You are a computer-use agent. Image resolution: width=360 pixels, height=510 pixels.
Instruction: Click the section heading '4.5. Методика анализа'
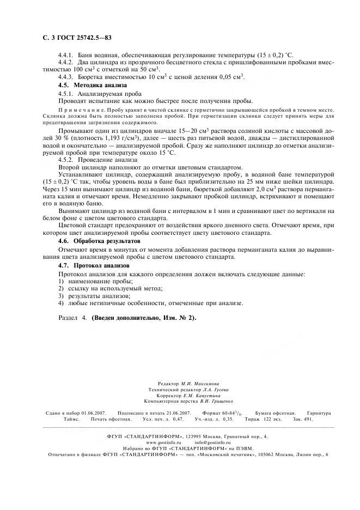pos(92,86)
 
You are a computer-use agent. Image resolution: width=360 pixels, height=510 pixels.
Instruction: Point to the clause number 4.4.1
pos(66,56)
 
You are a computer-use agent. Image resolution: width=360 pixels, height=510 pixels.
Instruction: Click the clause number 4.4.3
pos(66,77)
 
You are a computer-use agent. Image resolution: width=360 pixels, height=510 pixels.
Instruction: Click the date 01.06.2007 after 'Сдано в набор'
pos(94,414)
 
